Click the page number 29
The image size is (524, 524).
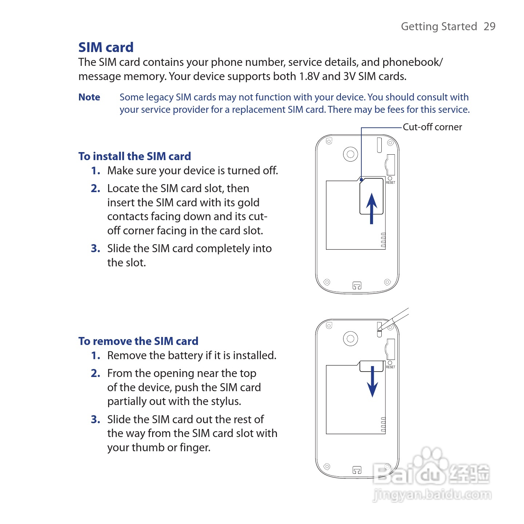[489, 27]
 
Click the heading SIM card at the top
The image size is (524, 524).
[106, 47]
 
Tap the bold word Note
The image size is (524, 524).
[89, 97]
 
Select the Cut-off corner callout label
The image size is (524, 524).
[432, 127]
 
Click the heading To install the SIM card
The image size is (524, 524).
[135, 156]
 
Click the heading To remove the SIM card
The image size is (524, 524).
[138, 341]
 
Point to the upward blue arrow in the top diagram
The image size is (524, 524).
[372, 207]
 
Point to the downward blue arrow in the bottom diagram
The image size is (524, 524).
[372, 382]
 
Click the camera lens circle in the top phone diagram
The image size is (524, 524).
[350, 154]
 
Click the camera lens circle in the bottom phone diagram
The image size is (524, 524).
[350, 339]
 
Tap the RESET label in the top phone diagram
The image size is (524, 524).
[390, 183]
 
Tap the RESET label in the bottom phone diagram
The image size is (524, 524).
[390, 367]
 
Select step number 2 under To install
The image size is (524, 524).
[95, 188]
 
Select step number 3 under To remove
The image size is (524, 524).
[95, 420]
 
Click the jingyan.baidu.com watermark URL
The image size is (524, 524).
[432, 495]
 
